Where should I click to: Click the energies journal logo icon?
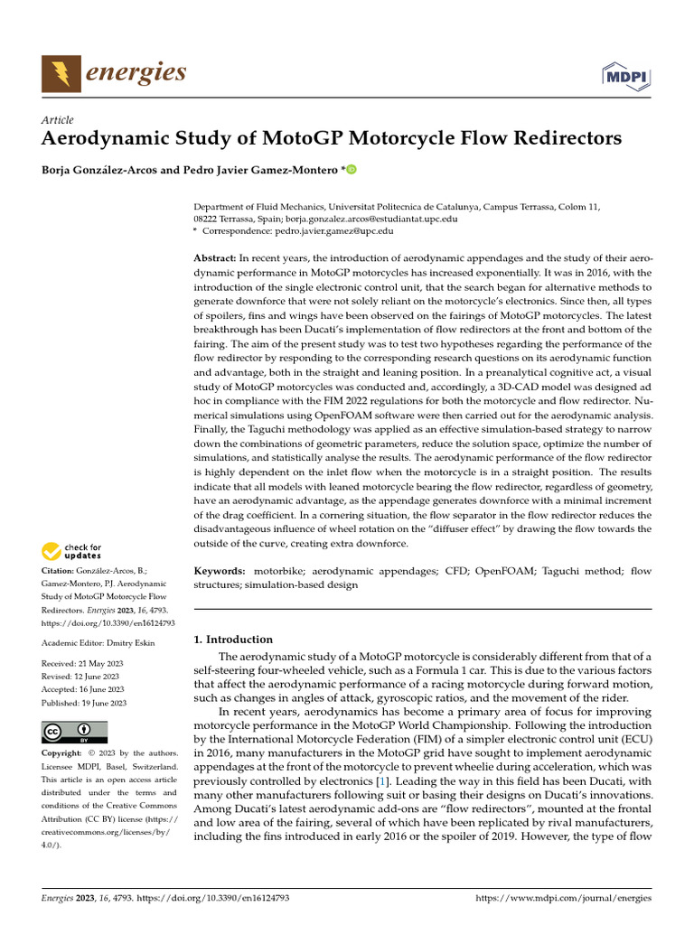tap(61, 72)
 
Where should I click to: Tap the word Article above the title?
tap(58, 120)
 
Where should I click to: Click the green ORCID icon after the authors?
tap(351, 169)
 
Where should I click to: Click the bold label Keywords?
tap(220, 571)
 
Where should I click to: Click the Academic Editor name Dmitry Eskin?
tap(133, 643)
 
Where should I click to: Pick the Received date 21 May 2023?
tap(100, 664)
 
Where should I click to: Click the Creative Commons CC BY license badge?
tap(74, 732)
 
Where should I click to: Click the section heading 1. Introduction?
tap(234, 640)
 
